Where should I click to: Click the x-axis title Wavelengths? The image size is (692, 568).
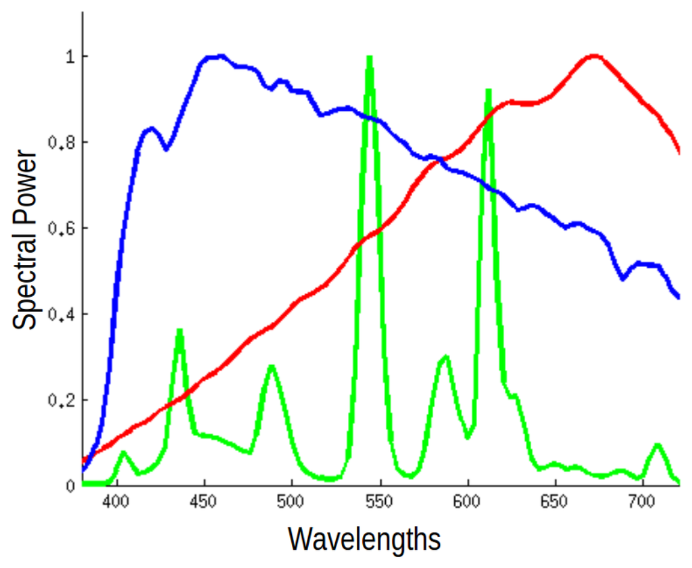pos(364,540)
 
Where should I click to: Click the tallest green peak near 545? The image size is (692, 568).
pos(369,58)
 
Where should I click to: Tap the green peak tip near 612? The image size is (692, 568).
pos(488,91)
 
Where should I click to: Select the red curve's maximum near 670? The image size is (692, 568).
pos(593,56)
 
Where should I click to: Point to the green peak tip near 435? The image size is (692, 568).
pos(180,331)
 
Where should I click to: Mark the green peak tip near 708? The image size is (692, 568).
pos(657,445)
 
